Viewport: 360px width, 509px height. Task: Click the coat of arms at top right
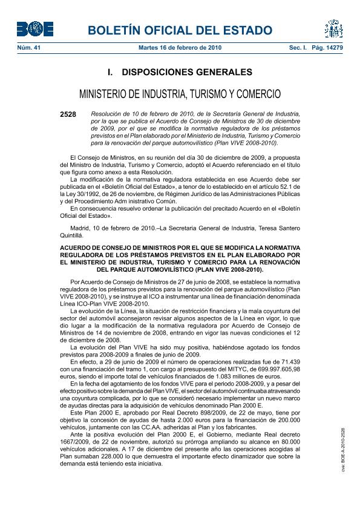click(333, 28)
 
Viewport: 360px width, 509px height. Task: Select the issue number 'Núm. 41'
click(27, 47)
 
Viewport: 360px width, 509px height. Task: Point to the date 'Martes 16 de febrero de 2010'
click(180, 47)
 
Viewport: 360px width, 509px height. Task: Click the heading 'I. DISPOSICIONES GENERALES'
click(180, 73)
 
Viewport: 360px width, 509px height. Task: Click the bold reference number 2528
click(68, 114)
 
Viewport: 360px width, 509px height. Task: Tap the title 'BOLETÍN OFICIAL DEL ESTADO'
click(180, 30)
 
